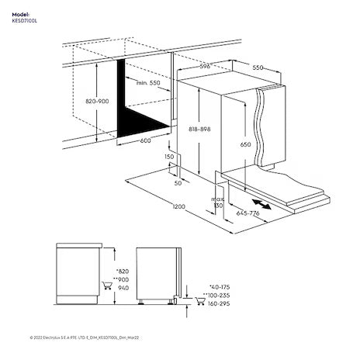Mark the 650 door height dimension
tap(246, 144)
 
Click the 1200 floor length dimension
tap(179, 208)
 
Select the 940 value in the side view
tap(122, 289)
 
